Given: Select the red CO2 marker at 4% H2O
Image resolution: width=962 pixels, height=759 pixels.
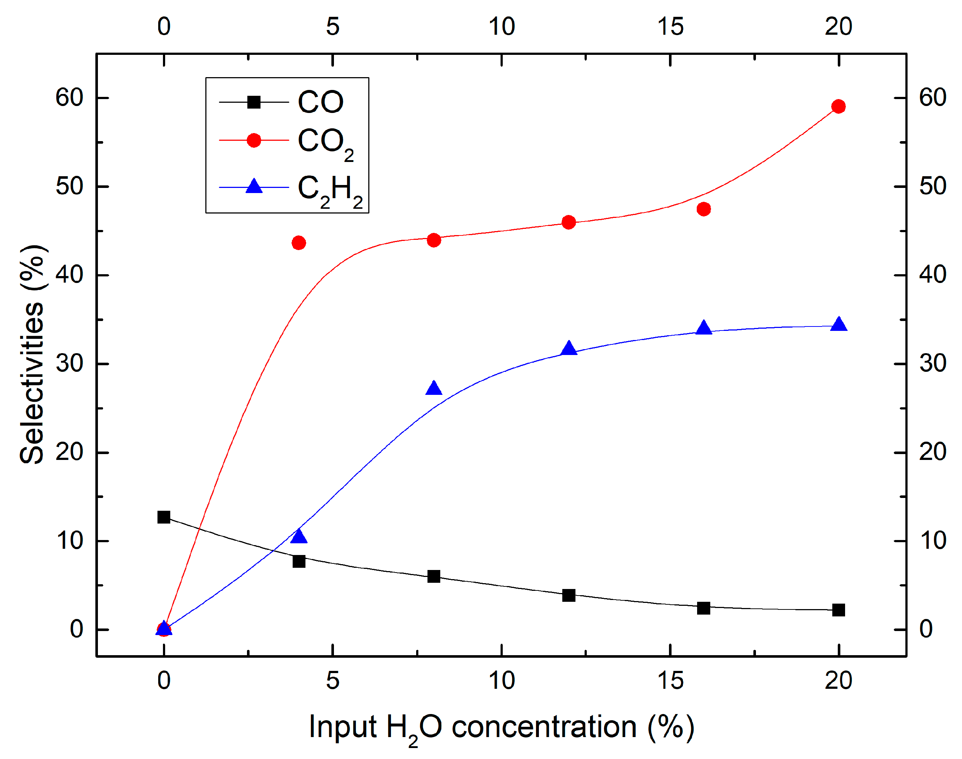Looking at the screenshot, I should click(299, 243).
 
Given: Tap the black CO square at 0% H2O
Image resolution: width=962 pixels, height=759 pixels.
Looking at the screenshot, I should click(164, 517).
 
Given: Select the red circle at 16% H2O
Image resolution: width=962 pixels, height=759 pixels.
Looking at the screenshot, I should click(704, 209).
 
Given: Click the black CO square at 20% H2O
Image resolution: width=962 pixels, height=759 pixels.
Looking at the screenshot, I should click(838, 610).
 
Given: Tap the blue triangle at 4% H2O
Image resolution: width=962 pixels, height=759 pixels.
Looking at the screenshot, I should click(299, 537).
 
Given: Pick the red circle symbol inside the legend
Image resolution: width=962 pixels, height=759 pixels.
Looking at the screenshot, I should click(254, 140).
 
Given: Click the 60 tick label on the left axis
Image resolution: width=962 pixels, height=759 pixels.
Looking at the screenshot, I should click(69, 97).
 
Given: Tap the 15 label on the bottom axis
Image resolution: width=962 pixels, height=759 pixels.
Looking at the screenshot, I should click(670, 681).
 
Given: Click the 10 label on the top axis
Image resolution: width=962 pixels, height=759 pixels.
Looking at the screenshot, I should click(501, 27).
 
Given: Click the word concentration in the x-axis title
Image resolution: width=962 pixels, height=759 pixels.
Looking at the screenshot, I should click(544, 728).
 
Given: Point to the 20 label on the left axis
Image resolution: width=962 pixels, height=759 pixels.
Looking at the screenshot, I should click(69, 452).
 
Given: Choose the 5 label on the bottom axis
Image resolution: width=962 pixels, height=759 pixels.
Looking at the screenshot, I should click(332, 681).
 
